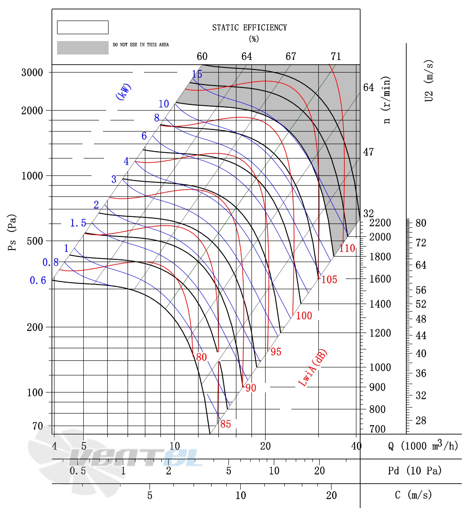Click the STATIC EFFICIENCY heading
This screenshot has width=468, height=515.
pyautogui.click(x=250, y=28)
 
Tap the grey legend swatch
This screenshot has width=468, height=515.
pyautogui.click(x=83, y=48)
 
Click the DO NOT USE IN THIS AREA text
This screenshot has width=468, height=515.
pyautogui.click(x=141, y=45)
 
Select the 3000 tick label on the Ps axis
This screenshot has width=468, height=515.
pyautogui.click(x=32, y=73)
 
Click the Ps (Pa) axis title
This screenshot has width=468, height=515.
pyautogui.click(x=12, y=233)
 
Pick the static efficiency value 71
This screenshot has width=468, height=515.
pyautogui.click(x=336, y=56)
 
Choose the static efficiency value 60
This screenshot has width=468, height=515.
pyautogui.click(x=202, y=56)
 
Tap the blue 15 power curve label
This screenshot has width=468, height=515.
pyautogui.click(x=197, y=74)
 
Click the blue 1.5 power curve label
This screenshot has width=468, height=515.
pyautogui.click(x=78, y=223)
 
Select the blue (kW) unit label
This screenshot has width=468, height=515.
pyautogui.click(x=123, y=92)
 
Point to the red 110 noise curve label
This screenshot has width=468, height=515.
pyautogui.click(x=347, y=248)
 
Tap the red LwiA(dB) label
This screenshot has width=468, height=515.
pyautogui.click(x=312, y=368)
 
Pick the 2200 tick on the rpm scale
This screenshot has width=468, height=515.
pyautogui.click(x=380, y=223)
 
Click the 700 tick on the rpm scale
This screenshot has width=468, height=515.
pyautogui.click(x=377, y=429)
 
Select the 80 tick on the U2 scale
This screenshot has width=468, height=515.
pyautogui.click(x=421, y=223)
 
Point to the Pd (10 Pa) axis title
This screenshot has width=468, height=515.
pyautogui.click(x=415, y=471)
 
